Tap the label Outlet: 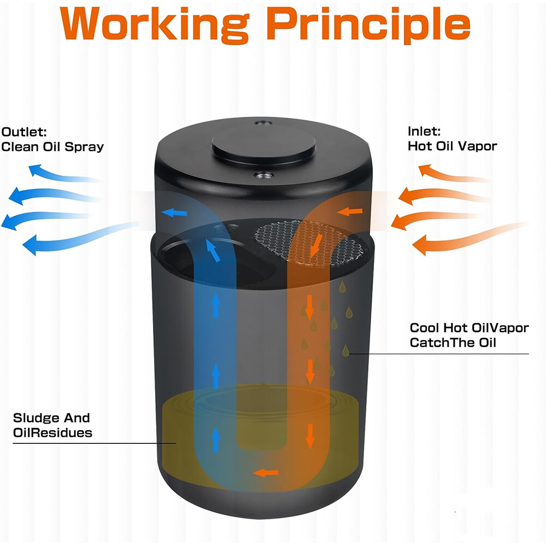click(x=23, y=132)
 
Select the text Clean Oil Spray click(x=52, y=147)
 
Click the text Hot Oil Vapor click(x=452, y=146)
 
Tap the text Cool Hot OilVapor click(x=469, y=328)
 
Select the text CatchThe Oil click(x=453, y=343)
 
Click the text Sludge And click(x=51, y=418)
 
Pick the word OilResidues click(x=52, y=433)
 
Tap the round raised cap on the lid click(x=264, y=143)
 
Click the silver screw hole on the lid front click(x=264, y=175)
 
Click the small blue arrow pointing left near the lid click(x=175, y=212)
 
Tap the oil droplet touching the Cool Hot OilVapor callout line click(x=346, y=351)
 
